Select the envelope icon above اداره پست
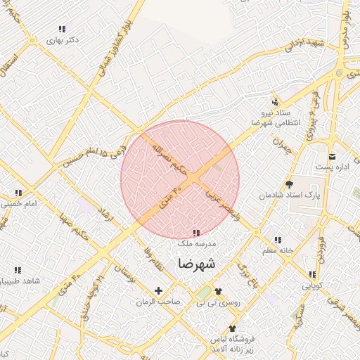point(332,156)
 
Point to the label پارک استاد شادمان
point(288,195)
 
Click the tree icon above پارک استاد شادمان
point(288,184)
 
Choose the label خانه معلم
point(276,250)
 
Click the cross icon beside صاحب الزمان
point(159,290)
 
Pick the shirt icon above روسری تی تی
point(217,290)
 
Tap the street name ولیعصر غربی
point(224,204)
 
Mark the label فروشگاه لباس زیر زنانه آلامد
point(232,345)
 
